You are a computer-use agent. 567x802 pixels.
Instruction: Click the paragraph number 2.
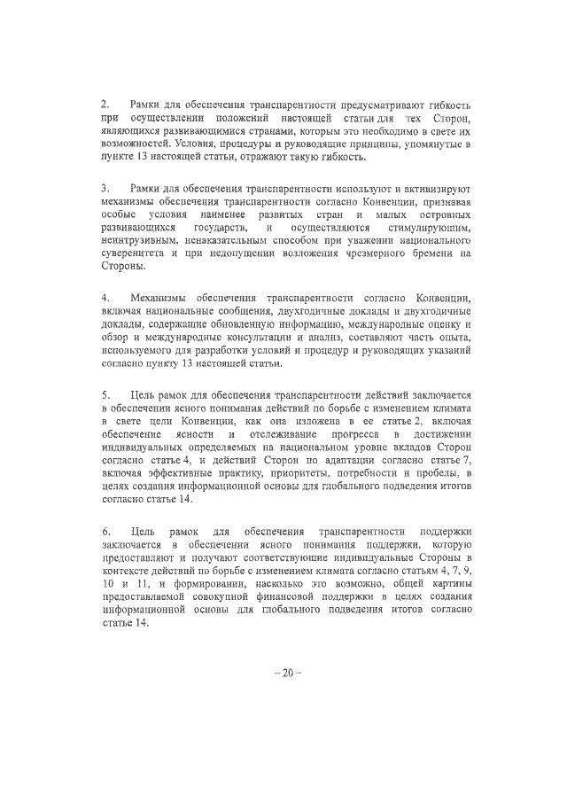tap(105, 105)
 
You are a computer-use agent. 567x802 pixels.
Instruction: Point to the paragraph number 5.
tap(105, 393)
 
